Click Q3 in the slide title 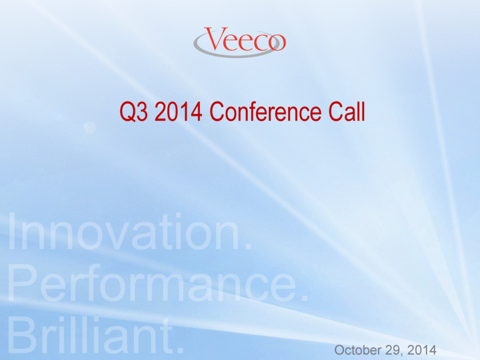click(x=134, y=112)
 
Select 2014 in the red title click(x=178, y=111)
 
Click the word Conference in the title click(x=265, y=111)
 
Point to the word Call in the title click(x=346, y=111)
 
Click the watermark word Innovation click(x=124, y=231)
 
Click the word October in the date click(x=358, y=350)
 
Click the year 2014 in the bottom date click(x=422, y=350)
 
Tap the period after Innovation click(x=249, y=246)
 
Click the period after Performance click(x=304, y=298)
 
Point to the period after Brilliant click(x=180, y=349)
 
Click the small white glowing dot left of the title click(x=90, y=127)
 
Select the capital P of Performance click(x=22, y=283)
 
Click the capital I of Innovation click(x=12, y=231)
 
